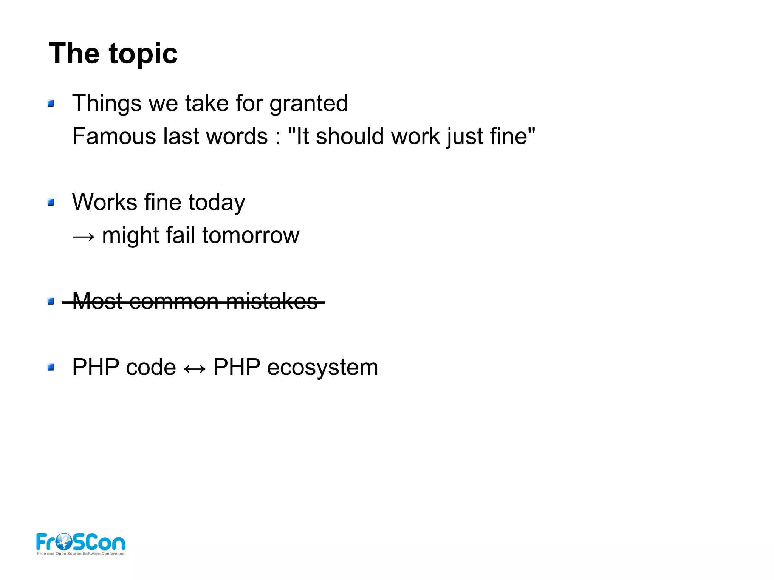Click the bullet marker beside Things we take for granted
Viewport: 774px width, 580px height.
(51, 103)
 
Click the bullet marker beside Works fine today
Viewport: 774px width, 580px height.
(51, 203)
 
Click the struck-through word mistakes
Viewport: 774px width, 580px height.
(272, 302)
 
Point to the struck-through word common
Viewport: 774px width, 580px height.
(173, 302)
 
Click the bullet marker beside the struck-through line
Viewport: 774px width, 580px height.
(51, 301)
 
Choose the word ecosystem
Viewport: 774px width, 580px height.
(322, 368)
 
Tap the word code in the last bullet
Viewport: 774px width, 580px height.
(150, 367)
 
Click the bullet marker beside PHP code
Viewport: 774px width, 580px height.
(51, 367)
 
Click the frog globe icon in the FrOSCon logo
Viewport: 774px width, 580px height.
(63, 542)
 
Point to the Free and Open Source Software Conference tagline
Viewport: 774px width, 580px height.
(80, 554)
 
